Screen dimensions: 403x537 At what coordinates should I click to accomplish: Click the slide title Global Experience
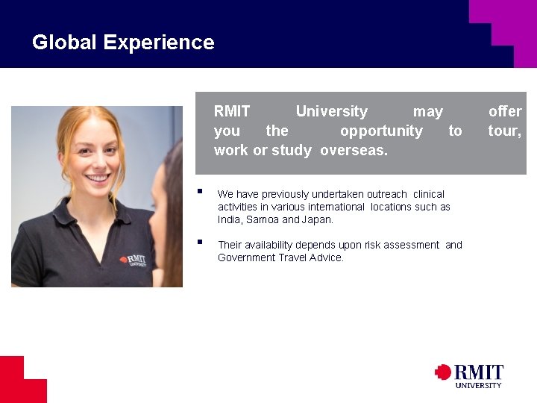click(x=123, y=43)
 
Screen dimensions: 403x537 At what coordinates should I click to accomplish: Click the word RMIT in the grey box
click(x=232, y=112)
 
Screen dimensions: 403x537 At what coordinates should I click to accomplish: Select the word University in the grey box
click(x=331, y=112)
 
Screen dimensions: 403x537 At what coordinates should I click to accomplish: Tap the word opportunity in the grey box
click(x=381, y=131)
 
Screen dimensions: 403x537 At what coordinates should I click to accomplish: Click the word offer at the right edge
click(x=505, y=112)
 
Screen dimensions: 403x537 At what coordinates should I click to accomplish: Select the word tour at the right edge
click(x=504, y=131)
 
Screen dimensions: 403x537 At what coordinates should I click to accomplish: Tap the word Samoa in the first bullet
click(x=262, y=220)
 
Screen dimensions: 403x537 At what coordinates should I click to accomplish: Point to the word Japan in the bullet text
click(x=317, y=220)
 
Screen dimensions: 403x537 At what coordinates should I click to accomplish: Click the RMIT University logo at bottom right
click(x=469, y=375)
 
